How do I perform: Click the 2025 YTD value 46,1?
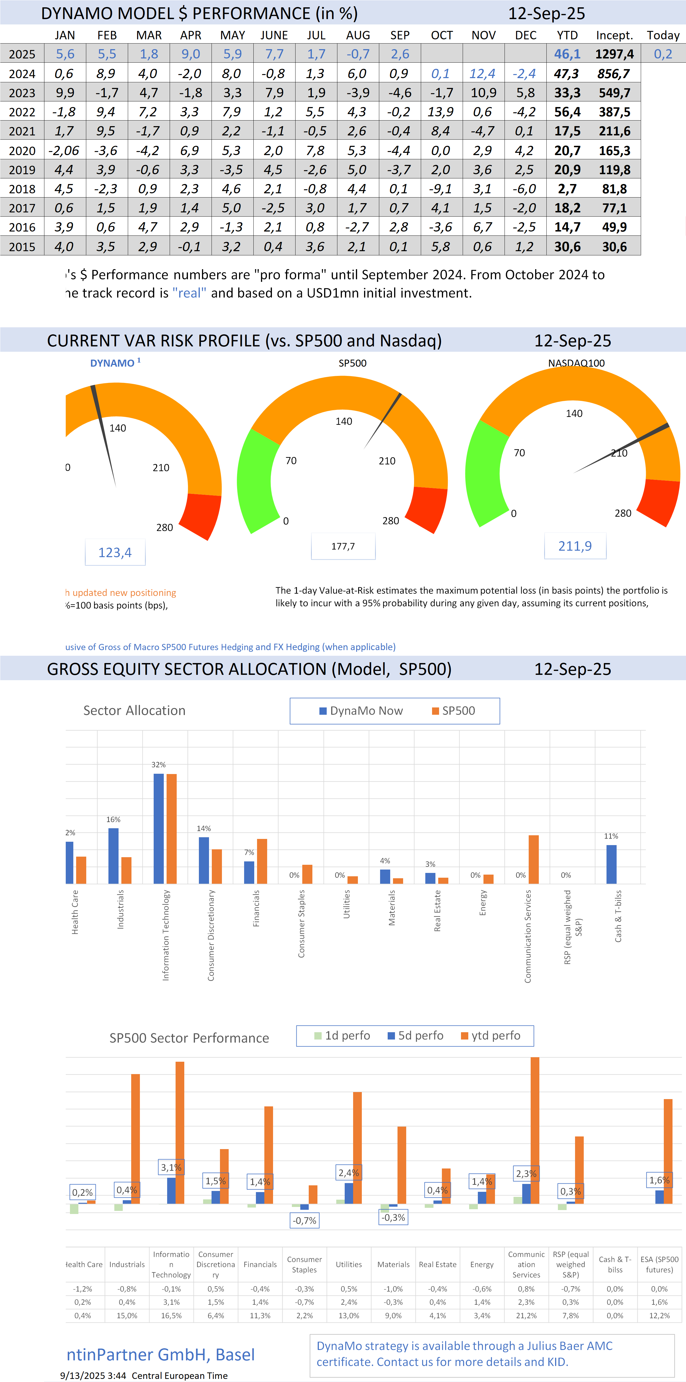[x=567, y=54]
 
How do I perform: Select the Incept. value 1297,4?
[x=614, y=54]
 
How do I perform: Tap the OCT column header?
[x=441, y=35]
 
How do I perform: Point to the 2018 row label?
[x=22, y=189]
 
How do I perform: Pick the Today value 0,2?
[x=663, y=54]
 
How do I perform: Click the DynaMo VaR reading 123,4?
[x=115, y=553]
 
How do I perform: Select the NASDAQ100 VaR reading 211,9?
[x=575, y=546]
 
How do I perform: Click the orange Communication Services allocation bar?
[x=534, y=859]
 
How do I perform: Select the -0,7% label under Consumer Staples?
[x=304, y=1220]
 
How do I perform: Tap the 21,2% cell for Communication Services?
[x=526, y=1315]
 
